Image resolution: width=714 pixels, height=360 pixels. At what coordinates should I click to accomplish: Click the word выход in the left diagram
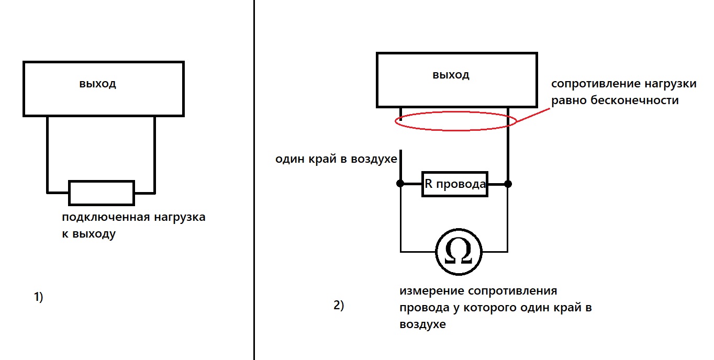(97, 84)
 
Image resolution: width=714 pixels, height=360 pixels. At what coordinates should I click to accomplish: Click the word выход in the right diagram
(451, 75)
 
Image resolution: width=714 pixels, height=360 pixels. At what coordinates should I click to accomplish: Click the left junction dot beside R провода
(400, 184)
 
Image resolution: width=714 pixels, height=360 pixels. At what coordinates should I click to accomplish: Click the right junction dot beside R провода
(508, 184)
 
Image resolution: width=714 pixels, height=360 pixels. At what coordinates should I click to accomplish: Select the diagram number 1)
(39, 297)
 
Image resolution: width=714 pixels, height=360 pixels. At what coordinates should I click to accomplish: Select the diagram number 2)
(339, 305)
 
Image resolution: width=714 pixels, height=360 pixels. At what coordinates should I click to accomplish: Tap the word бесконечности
(634, 100)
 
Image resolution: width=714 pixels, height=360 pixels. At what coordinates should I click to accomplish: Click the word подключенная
(106, 217)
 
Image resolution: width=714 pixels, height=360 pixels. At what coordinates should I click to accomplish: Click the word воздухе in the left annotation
(374, 159)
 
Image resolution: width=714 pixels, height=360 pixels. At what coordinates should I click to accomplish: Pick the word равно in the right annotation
(568, 100)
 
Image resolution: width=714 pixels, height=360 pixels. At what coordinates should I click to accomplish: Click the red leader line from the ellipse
(533, 115)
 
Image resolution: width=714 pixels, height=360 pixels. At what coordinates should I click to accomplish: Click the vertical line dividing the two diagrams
(254, 180)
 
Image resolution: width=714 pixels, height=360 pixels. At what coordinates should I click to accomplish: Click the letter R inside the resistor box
(429, 184)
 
